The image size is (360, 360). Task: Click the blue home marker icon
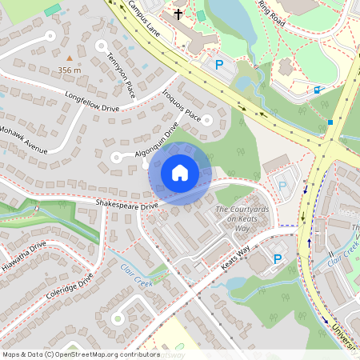click(180, 172)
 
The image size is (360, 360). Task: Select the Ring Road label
click(272, 12)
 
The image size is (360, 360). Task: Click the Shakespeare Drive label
click(126, 206)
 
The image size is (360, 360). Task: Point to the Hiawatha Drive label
click(24, 257)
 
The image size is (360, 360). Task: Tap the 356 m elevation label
click(70, 70)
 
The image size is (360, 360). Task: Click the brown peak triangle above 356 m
click(70, 58)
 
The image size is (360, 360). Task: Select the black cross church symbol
click(178, 14)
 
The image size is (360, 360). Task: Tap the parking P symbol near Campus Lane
click(218, 65)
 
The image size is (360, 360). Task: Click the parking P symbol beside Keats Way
click(278, 259)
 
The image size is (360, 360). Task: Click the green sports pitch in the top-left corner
click(53, 10)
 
